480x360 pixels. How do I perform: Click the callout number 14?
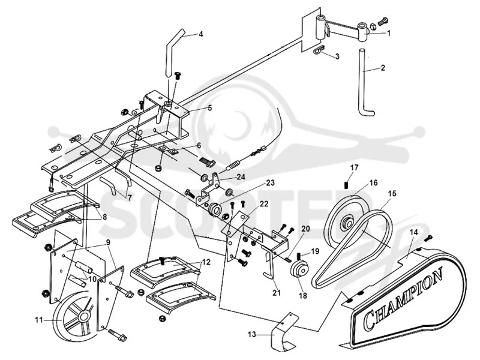[413, 232]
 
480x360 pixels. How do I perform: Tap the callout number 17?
[354, 168]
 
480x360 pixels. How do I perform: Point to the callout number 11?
[38, 320]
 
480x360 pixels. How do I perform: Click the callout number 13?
[251, 335]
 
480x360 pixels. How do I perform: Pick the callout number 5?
[209, 108]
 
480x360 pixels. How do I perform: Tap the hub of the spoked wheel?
[84, 317]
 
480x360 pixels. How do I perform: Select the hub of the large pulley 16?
[348, 223]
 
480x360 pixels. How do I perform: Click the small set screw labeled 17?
[347, 185]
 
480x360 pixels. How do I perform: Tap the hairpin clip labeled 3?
[319, 50]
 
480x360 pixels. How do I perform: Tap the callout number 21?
[277, 292]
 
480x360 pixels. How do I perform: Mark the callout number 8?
[104, 217]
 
